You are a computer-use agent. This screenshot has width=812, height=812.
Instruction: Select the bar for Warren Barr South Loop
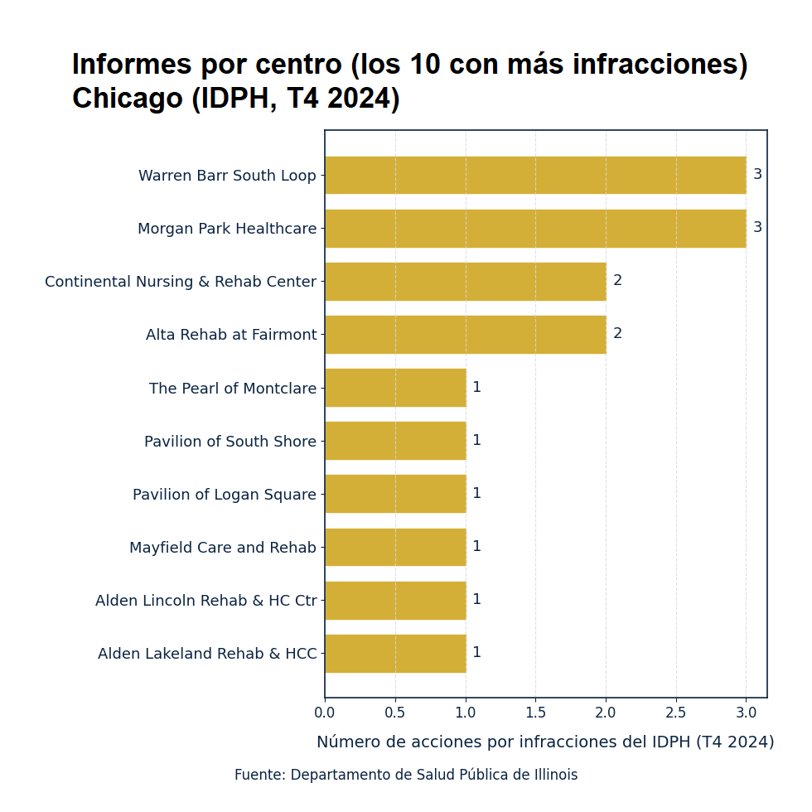click(535, 175)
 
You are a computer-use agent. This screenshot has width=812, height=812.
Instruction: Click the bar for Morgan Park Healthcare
click(535, 228)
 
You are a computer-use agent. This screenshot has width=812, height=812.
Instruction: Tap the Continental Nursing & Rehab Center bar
click(465, 281)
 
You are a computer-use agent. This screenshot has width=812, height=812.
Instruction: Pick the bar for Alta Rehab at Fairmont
click(465, 334)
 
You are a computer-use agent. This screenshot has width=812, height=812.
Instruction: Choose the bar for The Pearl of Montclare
click(395, 387)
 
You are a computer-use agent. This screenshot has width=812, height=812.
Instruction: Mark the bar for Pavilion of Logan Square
click(395, 494)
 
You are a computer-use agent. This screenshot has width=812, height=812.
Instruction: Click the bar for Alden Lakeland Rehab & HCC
click(395, 653)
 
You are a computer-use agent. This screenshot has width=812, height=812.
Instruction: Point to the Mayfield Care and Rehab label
click(222, 548)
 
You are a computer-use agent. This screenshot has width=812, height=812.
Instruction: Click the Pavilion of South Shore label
click(230, 442)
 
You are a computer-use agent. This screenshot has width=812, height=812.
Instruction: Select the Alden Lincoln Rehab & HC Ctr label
click(205, 601)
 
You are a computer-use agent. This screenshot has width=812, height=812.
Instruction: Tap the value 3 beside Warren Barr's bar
click(757, 175)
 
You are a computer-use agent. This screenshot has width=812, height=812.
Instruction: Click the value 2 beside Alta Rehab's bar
click(617, 334)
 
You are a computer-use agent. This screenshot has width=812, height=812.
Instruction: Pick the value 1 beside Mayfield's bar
click(476, 547)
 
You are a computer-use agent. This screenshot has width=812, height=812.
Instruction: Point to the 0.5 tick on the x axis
click(395, 713)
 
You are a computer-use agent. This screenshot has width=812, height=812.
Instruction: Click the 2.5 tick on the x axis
click(676, 713)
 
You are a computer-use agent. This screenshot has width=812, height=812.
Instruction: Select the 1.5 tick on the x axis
click(535, 713)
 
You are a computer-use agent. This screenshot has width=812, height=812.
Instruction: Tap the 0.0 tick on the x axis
click(325, 713)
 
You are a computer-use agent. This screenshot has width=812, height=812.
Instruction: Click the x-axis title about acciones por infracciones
click(545, 742)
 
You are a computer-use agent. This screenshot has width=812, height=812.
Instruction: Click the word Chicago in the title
click(127, 99)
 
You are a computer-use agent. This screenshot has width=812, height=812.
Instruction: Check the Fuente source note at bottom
click(406, 776)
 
